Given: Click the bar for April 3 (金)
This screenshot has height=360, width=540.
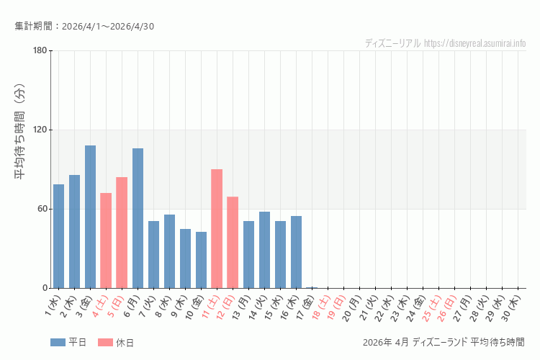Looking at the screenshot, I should pyautogui.click(x=90, y=217).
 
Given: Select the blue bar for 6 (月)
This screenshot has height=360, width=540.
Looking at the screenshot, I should pyautogui.click(x=138, y=218).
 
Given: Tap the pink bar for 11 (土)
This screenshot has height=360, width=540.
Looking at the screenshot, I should pyautogui.click(x=217, y=228).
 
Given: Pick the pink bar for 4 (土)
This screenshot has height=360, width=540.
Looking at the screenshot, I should pyautogui.click(x=106, y=240).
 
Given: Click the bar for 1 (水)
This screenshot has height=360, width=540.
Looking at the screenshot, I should pyautogui.click(x=58, y=236).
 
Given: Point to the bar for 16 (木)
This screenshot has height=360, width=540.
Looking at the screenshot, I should pyautogui.click(x=296, y=252).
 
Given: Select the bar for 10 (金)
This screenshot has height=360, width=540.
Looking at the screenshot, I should pyautogui.click(x=201, y=260).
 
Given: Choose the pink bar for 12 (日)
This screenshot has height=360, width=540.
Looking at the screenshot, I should pyautogui.click(x=233, y=242).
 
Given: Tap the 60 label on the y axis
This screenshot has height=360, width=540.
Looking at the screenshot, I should pyautogui.click(x=41, y=209).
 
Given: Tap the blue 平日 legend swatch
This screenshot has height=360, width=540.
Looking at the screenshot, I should pyautogui.click(x=58, y=343).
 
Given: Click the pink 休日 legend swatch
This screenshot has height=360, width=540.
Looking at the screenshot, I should pyautogui.click(x=105, y=343).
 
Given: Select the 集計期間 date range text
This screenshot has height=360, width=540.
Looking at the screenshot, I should pyautogui.click(x=84, y=27).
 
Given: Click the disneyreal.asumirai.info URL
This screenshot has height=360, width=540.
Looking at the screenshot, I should pyautogui.click(x=475, y=43).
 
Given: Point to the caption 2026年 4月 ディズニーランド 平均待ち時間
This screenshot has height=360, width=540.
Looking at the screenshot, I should pyautogui.click(x=444, y=342).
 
